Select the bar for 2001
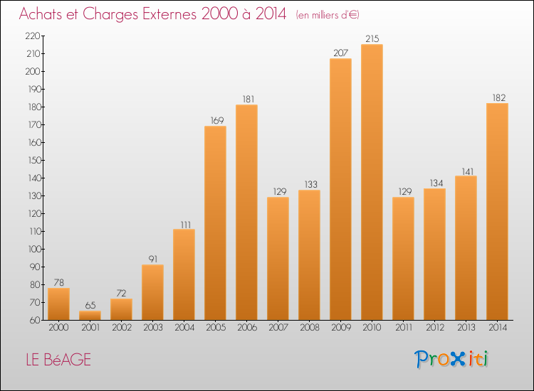[90, 315]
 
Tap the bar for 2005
[215, 223]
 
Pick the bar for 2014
[497, 211]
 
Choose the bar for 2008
[309, 255]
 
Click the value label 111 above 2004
[184, 223]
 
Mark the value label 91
[152, 259]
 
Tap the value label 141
[466, 170]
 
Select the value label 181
[246, 99]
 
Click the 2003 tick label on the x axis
[152, 328]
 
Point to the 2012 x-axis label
[434, 328]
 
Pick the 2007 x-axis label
[278, 328]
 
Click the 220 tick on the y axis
[32, 36]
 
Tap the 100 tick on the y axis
[32, 249]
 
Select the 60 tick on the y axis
[34, 320]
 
